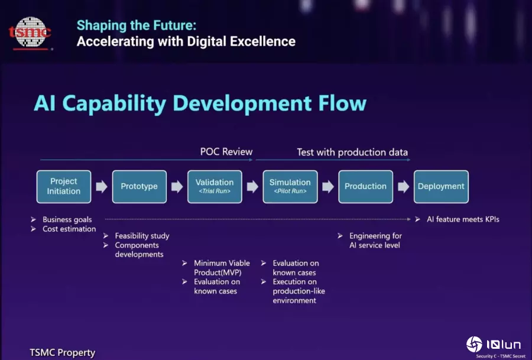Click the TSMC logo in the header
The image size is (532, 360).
pos(30,33)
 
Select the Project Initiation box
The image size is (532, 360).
pos(64,187)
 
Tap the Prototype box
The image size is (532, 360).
pos(140,187)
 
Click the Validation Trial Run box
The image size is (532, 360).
pos(215,187)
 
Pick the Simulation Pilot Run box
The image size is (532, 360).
pos(290,187)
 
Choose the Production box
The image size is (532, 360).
pos(366,187)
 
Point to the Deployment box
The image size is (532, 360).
pos(441,187)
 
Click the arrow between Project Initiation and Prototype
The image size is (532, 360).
pos(102,186)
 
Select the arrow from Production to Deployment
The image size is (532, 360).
pos(403,186)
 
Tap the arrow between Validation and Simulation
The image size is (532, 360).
pos(252,186)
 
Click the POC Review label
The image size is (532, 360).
pos(226,152)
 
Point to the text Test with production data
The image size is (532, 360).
pos(352,153)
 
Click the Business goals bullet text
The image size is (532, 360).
pos(67,219)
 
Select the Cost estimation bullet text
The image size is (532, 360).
pos(69,229)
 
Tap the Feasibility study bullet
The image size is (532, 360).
pos(142,236)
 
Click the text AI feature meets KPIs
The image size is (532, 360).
pos(463,219)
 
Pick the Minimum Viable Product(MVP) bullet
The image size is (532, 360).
pos(222,268)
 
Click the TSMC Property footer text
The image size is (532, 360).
pos(63,352)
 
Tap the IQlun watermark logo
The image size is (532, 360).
pos(494,345)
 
